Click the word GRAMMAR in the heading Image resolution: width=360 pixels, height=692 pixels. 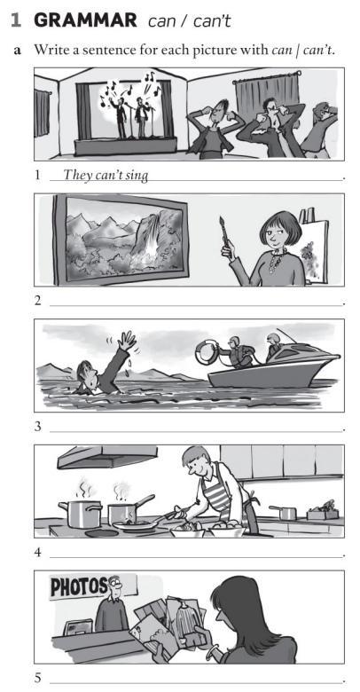click(85, 20)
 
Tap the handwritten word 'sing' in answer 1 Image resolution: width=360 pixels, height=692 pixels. click(138, 176)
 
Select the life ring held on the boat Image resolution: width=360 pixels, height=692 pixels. click(207, 351)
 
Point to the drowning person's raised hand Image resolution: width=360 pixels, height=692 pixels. click(128, 341)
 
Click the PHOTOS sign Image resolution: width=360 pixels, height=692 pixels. click(79, 586)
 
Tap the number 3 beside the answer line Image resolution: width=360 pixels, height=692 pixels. click(37, 428)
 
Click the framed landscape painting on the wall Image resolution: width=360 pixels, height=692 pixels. click(121, 240)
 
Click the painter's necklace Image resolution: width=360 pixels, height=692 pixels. click(277, 259)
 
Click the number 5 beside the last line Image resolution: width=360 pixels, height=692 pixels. click(37, 678)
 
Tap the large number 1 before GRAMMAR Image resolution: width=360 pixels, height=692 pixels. click(17, 20)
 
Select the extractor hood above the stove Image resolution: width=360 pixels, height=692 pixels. click(107, 456)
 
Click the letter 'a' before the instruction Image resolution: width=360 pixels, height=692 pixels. click(18, 51)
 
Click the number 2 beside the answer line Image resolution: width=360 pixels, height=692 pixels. click(37, 301)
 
